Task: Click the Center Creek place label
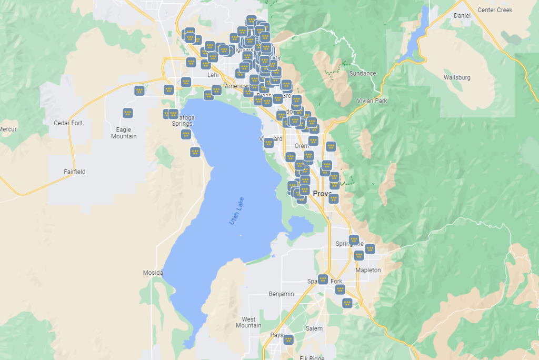click(494, 10)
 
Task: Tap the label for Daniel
click(462, 16)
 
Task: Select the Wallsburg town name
click(457, 77)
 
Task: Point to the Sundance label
click(363, 74)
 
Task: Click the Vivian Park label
click(372, 101)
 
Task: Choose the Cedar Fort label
click(68, 123)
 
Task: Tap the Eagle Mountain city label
click(124, 133)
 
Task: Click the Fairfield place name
click(74, 172)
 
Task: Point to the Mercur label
click(8, 129)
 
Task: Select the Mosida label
click(153, 273)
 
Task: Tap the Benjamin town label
click(281, 294)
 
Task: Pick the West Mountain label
click(248, 322)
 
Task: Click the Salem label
click(314, 328)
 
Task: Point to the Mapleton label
click(368, 270)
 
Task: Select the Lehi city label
click(213, 75)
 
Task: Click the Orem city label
click(302, 146)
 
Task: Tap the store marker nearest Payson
click(288, 339)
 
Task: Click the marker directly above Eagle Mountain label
click(127, 113)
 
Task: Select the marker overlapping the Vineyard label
click(268, 142)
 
